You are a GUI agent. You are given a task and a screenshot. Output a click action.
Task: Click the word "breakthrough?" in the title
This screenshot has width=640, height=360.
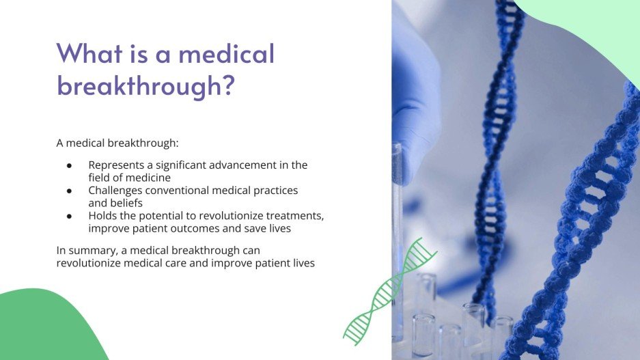click(x=145, y=85)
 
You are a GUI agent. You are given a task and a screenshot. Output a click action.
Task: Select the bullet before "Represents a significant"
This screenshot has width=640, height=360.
click(x=69, y=165)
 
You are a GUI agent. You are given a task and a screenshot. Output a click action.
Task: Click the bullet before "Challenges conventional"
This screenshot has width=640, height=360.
click(x=69, y=191)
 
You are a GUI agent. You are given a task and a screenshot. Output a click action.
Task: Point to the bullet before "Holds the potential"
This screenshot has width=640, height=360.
click(x=69, y=216)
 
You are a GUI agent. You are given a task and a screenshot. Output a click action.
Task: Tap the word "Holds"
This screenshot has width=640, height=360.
click(x=102, y=216)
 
